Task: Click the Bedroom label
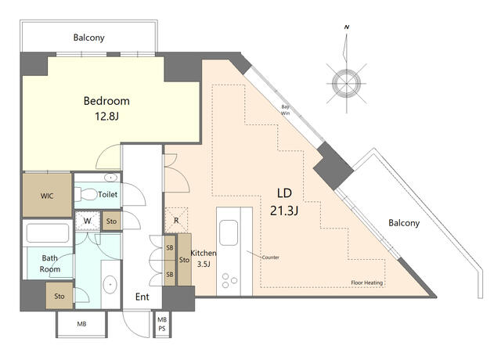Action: [x=106, y=101]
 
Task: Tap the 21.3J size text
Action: [x=284, y=211]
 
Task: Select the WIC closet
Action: [x=47, y=195]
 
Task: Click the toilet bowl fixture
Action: [x=85, y=194]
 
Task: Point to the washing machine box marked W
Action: [x=87, y=221]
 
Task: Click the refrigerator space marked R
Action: [x=176, y=220]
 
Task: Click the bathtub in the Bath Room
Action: [x=48, y=233]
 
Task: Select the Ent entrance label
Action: [x=142, y=297]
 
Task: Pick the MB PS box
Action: [x=162, y=324]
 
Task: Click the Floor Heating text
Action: [x=367, y=283]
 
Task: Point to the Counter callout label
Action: [x=270, y=257]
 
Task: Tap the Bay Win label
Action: [x=285, y=110]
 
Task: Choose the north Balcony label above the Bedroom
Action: [x=88, y=38]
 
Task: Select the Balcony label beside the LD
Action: [x=404, y=223]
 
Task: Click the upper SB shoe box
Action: [x=170, y=247]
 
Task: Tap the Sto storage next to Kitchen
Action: [x=184, y=259]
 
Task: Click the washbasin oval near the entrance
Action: [x=110, y=284]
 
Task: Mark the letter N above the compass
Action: [x=347, y=27]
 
